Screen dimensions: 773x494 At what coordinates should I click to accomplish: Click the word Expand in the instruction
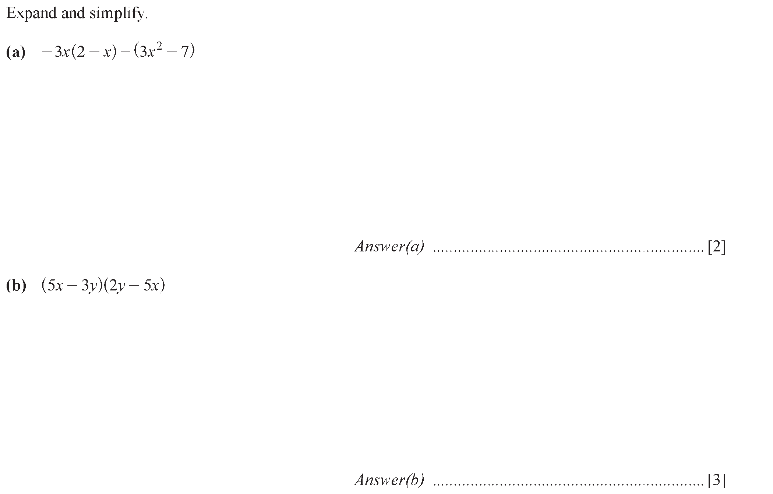(x=32, y=14)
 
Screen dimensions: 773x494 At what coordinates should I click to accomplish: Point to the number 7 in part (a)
(x=184, y=52)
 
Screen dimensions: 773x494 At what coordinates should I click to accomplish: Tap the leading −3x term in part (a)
(x=56, y=52)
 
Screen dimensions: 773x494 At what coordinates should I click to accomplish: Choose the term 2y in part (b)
(x=117, y=286)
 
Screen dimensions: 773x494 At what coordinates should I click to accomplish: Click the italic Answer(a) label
(x=389, y=247)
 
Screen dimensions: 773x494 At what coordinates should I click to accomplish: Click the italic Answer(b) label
(x=389, y=480)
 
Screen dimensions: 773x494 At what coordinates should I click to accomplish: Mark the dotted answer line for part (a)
(x=569, y=252)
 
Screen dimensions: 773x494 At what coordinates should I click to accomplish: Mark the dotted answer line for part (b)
(x=569, y=485)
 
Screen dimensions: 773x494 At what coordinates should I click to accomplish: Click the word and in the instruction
(x=74, y=14)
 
